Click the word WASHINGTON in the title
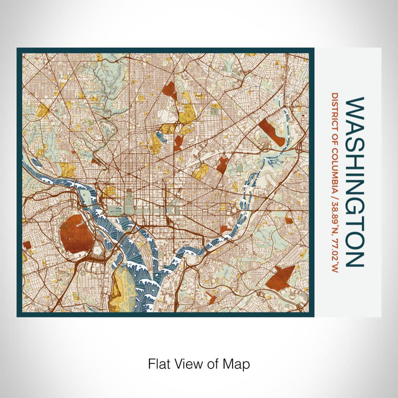(353, 182)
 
